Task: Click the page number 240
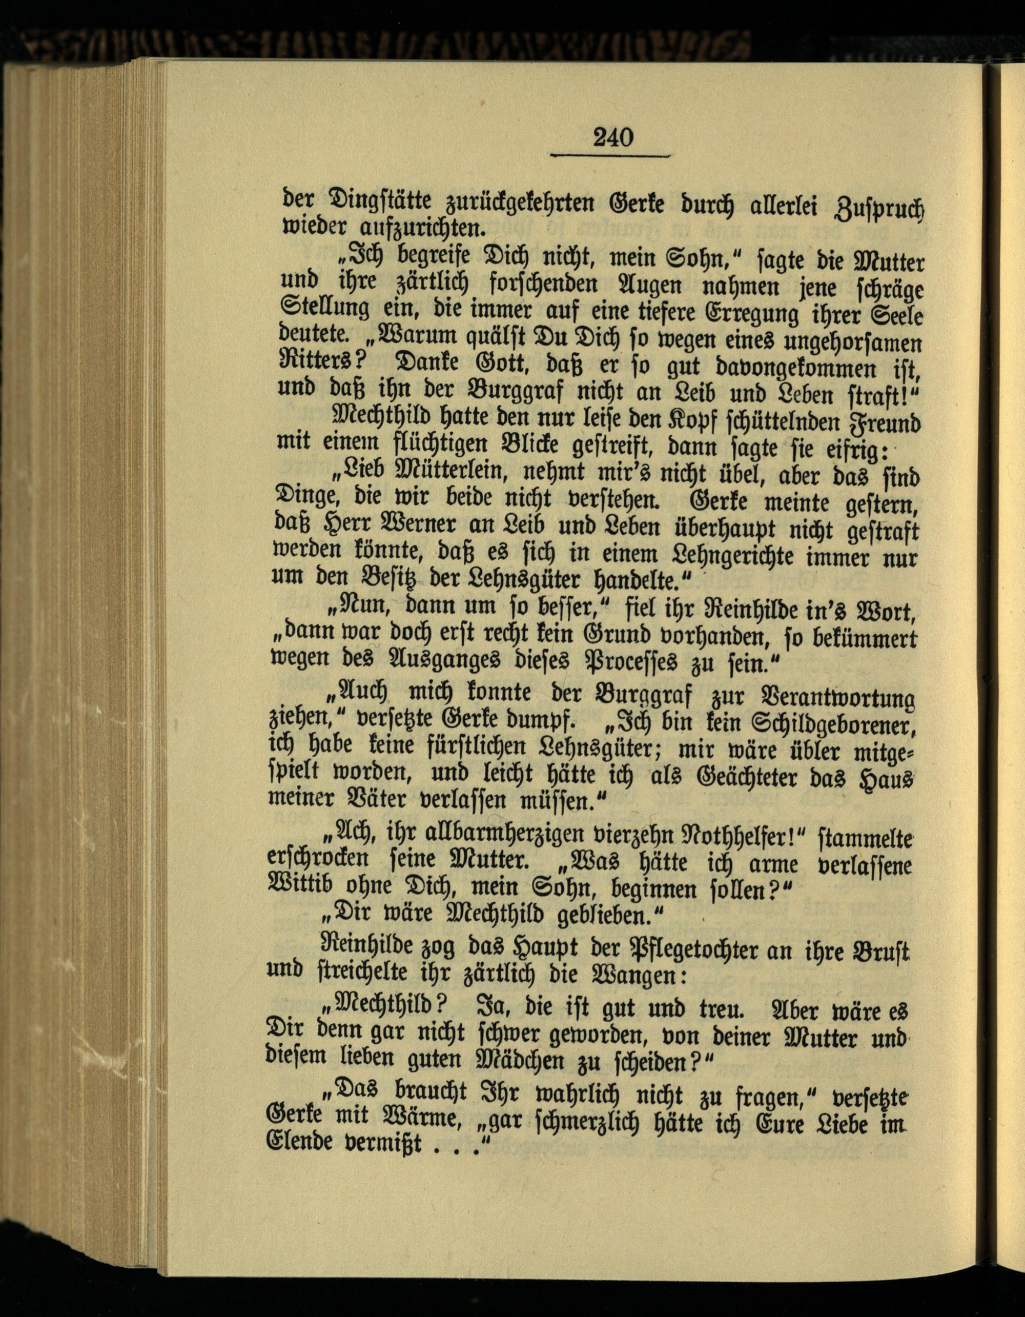[613, 137]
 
